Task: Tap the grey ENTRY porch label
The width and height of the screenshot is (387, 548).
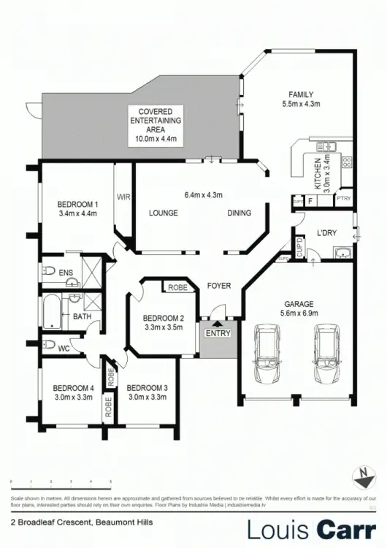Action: [x=218, y=334]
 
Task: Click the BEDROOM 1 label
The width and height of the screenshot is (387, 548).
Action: [x=77, y=208]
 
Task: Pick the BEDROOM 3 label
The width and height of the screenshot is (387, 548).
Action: [x=147, y=392]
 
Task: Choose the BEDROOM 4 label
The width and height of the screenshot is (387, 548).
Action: [x=73, y=392]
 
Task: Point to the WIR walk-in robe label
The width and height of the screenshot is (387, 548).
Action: [x=123, y=197]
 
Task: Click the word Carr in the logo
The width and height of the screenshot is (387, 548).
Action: [x=345, y=528]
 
